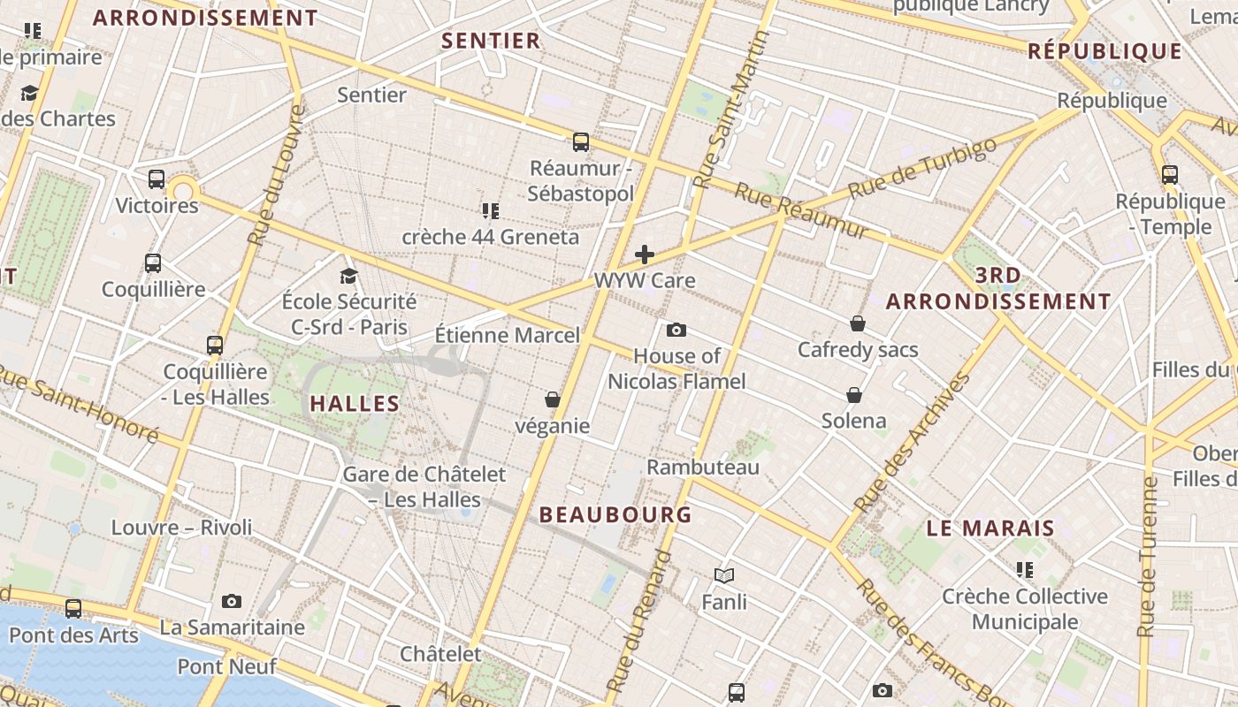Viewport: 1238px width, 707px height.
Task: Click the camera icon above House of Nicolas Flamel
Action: click(676, 331)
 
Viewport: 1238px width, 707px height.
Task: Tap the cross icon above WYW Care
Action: click(645, 255)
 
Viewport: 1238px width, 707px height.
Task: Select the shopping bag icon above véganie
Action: click(553, 400)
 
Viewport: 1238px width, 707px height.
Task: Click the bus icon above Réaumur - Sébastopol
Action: click(581, 141)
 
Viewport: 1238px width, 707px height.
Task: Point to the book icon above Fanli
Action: click(724, 576)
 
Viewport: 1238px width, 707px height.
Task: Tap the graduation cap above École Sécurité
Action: click(348, 276)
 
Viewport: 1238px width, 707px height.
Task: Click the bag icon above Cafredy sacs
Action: click(857, 323)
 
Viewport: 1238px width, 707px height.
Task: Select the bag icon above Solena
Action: click(854, 394)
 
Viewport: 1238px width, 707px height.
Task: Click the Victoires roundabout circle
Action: click(183, 190)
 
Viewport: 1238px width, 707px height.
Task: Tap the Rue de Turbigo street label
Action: click(922, 167)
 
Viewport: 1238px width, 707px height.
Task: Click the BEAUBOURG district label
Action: click(615, 514)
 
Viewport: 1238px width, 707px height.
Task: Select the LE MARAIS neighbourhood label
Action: click(990, 528)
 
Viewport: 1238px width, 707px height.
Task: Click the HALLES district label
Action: click(355, 404)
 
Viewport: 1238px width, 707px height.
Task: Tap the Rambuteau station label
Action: click(703, 467)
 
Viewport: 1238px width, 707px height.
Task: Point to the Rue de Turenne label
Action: click(1148, 557)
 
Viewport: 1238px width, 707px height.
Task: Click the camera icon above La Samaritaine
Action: click(232, 602)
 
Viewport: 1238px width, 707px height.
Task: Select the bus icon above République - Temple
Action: click(1170, 175)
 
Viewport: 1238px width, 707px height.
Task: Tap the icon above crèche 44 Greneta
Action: click(491, 210)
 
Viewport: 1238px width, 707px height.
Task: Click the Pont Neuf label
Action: click(227, 666)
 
